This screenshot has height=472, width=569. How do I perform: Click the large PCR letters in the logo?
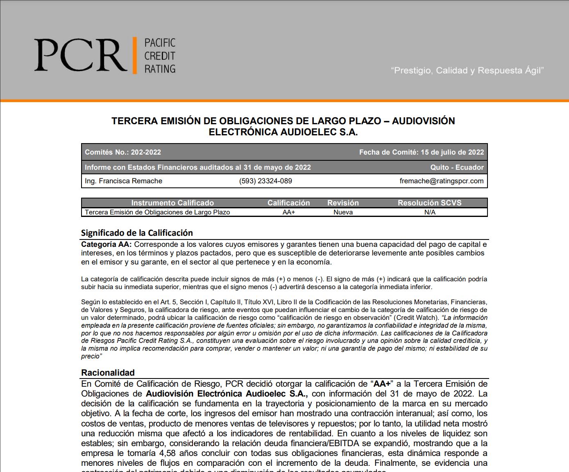click(x=80, y=55)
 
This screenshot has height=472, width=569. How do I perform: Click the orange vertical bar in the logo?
click(x=134, y=55)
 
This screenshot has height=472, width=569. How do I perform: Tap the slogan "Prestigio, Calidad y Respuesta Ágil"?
click(x=467, y=71)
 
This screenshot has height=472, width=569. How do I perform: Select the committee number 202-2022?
click(x=146, y=152)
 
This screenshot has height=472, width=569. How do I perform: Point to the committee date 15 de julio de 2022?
click(x=452, y=152)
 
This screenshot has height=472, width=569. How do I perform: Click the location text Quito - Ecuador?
click(x=457, y=167)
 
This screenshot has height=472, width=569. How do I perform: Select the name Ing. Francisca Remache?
click(x=123, y=181)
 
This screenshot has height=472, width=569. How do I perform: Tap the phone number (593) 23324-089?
click(x=265, y=181)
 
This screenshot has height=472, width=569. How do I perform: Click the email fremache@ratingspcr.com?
click(x=442, y=181)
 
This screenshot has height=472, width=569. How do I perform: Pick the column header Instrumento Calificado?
click(x=172, y=203)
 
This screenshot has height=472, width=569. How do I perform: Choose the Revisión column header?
click(x=343, y=203)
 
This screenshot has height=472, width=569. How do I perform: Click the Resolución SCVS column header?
click(x=429, y=203)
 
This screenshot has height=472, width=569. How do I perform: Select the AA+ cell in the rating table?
click(x=289, y=212)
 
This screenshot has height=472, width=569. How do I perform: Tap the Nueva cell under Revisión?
click(x=343, y=212)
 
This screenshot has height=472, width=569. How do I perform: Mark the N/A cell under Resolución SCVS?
click(x=430, y=212)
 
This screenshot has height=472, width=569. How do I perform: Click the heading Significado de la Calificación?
click(x=137, y=233)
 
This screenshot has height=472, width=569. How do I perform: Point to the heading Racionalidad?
click(x=108, y=373)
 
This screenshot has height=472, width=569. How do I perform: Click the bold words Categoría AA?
click(x=107, y=244)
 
